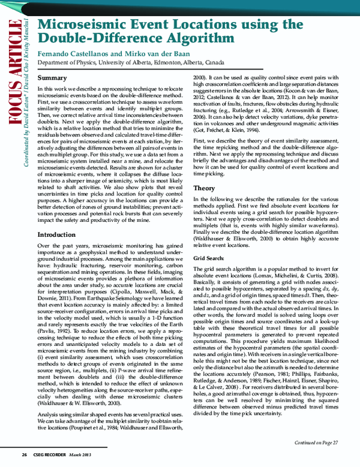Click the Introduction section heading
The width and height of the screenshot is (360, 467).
pyautogui.click(x=56, y=234)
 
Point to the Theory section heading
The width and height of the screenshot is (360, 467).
pyautogui.click(x=204, y=188)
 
